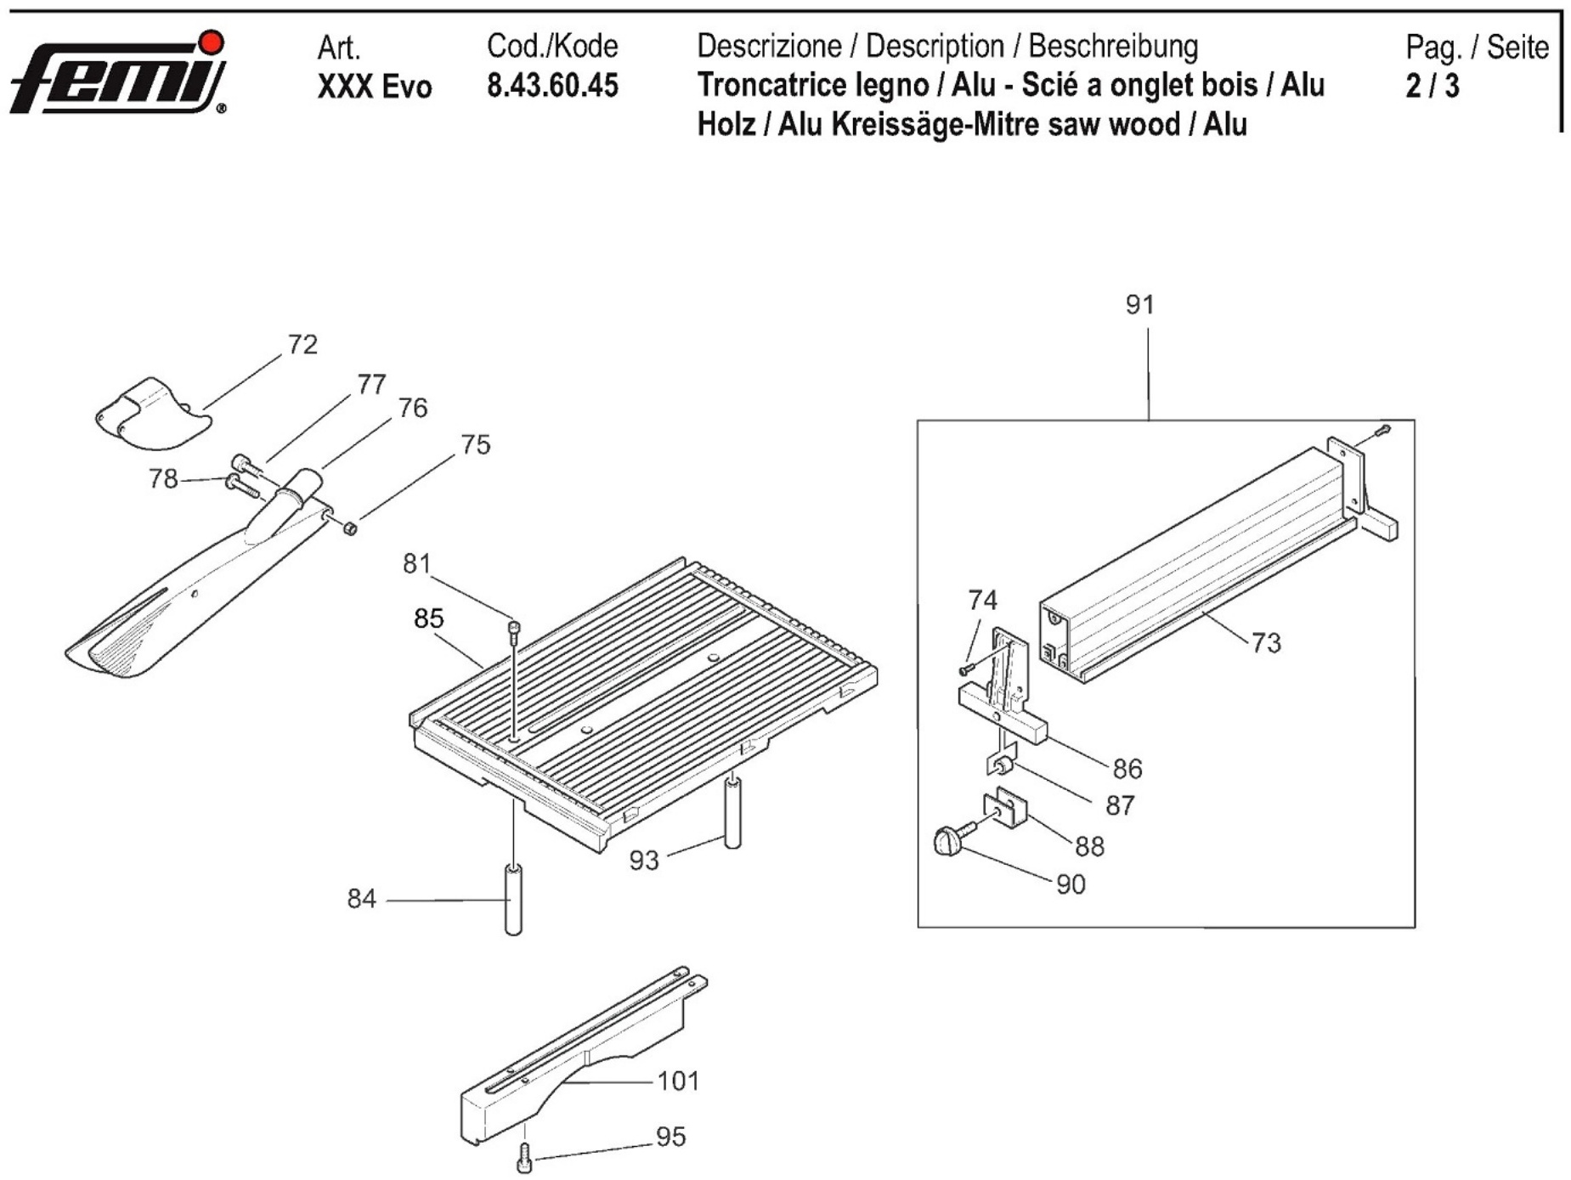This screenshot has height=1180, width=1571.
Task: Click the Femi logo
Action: [x=119, y=74]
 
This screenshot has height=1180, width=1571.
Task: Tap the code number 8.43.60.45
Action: [x=552, y=86]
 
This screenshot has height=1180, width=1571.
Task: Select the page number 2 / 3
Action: [x=1432, y=86]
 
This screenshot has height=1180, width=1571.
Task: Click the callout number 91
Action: [x=1139, y=304]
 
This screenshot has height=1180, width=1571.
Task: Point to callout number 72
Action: [x=302, y=344]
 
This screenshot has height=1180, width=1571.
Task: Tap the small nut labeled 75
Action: [x=349, y=528]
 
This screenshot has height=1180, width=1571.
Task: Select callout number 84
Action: [x=361, y=898]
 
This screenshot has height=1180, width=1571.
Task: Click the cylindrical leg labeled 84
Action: [x=513, y=900]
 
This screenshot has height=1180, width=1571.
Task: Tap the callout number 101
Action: [x=678, y=1081]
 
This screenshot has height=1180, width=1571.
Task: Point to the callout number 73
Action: [x=1265, y=642]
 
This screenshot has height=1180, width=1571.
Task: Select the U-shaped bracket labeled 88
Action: [x=1005, y=809]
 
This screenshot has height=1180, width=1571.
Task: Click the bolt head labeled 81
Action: [x=513, y=628]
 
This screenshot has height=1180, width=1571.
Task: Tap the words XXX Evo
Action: [x=375, y=87]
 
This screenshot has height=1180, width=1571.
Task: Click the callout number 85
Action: [x=428, y=618]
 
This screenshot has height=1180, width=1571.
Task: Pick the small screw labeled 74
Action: [x=965, y=669]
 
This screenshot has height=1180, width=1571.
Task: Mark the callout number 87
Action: [x=1120, y=805]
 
